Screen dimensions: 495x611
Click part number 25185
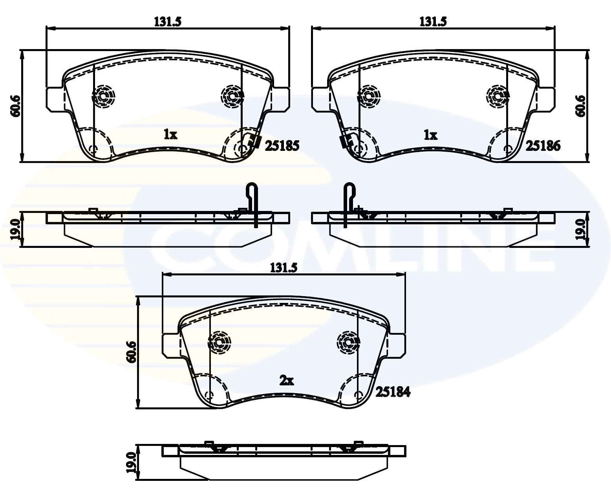[282, 146]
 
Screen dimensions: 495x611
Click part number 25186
[543, 146]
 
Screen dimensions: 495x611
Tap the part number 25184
[393, 392]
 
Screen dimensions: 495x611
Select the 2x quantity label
[286, 380]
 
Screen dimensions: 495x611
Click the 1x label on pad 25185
[170, 135]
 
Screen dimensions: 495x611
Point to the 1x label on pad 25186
[430, 135]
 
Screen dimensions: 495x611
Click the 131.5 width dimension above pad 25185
[168, 22]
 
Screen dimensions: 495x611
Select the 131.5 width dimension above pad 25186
[433, 22]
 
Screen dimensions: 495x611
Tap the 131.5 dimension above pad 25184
[284, 268]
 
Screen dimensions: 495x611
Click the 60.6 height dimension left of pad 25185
[15, 106]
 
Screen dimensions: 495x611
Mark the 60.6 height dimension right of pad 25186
[580, 106]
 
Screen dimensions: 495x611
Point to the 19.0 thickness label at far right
[580, 229]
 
